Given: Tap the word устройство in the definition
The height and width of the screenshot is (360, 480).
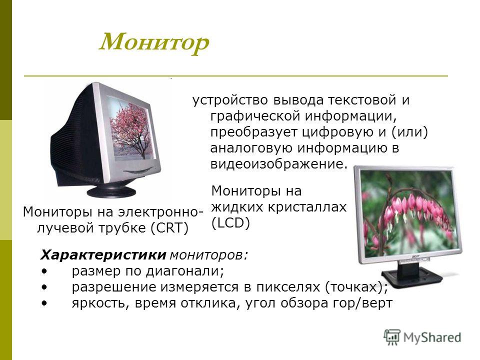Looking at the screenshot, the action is (230, 100).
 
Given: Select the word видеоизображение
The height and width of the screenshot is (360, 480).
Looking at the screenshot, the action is (279, 164).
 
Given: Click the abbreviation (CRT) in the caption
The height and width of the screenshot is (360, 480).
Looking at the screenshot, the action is (169, 228).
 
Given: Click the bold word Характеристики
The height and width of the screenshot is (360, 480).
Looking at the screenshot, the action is (103, 255).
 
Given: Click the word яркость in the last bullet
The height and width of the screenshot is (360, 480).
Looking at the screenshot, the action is (99, 303).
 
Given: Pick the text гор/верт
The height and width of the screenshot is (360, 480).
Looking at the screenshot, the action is (362, 303).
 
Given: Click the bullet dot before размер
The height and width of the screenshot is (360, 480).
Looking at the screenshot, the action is (44, 271).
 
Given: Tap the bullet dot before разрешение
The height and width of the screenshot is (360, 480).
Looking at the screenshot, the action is (44, 287).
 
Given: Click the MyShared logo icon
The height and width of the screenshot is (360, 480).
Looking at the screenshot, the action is (392, 337).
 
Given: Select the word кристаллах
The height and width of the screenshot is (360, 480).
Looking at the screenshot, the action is (307, 207).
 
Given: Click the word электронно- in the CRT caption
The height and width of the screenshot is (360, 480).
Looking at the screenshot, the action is (160, 212).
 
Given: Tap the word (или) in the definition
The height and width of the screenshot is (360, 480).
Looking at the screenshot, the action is (409, 132).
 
